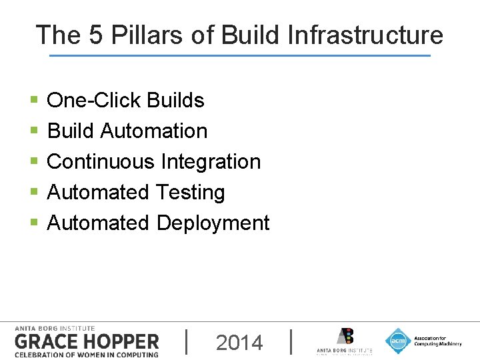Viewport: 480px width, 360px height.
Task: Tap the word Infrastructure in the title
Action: pyautogui.click(x=365, y=35)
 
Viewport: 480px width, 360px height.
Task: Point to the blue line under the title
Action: pyautogui.click(x=240, y=55)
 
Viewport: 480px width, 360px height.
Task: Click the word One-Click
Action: pyautogui.click(x=94, y=100)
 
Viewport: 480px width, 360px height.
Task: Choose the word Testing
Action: pyautogui.click(x=190, y=192)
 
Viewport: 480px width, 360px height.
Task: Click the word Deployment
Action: pyautogui.click(x=213, y=223)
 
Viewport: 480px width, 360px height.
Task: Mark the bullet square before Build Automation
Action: pyautogui.click(x=34, y=131)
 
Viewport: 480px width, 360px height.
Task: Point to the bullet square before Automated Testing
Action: pyautogui.click(x=34, y=193)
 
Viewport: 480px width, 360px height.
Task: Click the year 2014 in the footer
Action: pyautogui.click(x=239, y=343)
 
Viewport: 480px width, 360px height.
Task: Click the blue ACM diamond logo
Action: pyautogui.click(x=398, y=341)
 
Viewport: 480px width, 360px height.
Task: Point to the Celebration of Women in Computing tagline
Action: pyautogui.click(x=86, y=354)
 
